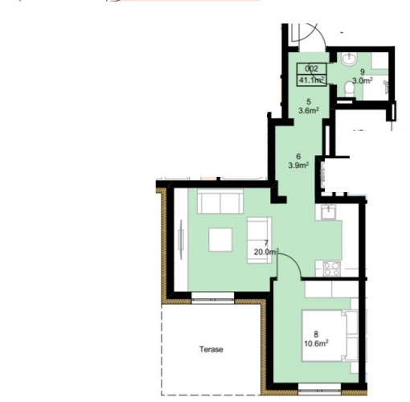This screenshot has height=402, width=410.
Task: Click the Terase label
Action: [x=211, y=349]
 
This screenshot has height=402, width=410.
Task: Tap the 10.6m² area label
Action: [x=317, y=343]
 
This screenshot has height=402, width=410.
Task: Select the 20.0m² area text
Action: [x=266, y=252]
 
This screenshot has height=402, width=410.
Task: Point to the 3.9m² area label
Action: [x=298, y=165]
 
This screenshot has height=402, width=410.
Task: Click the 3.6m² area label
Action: [x=309, y=110]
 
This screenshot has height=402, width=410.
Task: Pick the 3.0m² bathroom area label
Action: [x=363, y=80]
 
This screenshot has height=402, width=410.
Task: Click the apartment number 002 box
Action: [x=311, y=69]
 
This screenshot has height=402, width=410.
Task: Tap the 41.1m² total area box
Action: [x=311, y=80]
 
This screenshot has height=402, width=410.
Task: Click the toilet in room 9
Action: [x=349, y=88]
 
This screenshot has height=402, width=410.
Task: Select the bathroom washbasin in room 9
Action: [x=349, y=59]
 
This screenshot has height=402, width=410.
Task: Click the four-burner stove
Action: [x=332, y=269]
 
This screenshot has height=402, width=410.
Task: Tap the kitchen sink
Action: [x=328, y=211]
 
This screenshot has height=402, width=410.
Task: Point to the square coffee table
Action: [x=220, y=240]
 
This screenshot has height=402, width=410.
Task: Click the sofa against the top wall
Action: [x=220, y=202]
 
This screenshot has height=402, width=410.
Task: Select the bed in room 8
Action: [x=330, y=336]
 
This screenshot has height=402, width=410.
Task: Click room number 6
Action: [x=298, y=156]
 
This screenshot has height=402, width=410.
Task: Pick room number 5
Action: [x=309, y=101]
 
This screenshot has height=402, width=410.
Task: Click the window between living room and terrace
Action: [x=213, y=297]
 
